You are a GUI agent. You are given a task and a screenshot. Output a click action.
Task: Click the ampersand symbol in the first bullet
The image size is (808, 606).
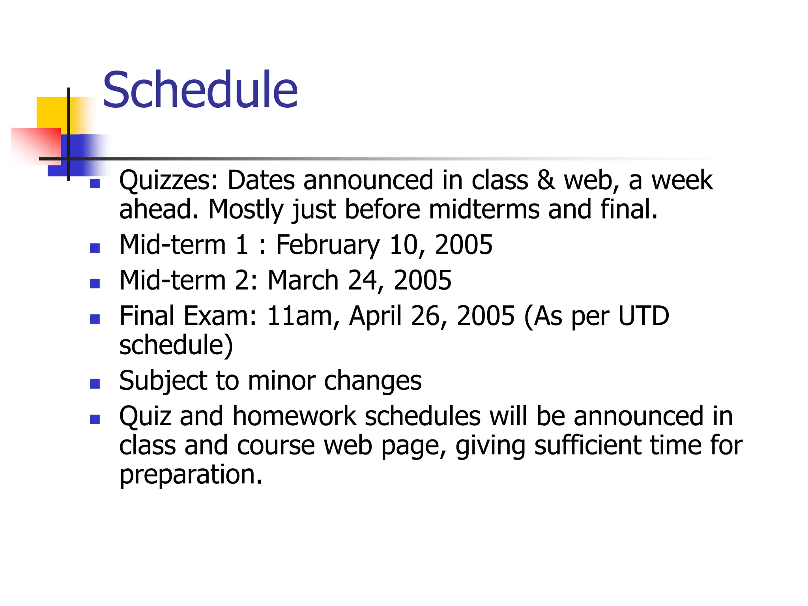pos(546,180)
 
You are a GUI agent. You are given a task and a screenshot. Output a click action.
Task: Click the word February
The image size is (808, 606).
pos(327,245)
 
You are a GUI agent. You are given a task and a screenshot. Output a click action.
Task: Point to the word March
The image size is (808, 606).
pos(303,280)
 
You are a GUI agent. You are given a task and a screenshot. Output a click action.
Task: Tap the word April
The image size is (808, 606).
pos(375,316)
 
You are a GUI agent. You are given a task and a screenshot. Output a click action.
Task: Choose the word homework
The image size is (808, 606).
pos(294,416)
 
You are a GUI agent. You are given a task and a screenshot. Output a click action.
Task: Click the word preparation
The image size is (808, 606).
pos(191,474)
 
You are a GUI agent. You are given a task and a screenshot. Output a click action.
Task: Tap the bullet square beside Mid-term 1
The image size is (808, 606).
pos(95,248)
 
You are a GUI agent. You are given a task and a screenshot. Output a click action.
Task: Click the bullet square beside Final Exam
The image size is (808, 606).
pos(95,319)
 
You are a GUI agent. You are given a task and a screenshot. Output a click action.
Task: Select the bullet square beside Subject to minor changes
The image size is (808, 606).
pos(95,384)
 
